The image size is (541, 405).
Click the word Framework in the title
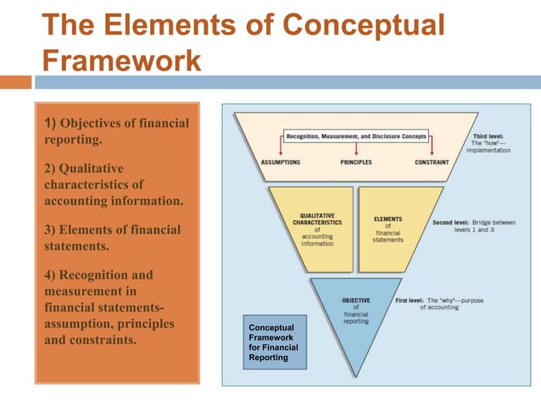coord(121,61)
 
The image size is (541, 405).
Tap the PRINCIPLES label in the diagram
coord(355,161)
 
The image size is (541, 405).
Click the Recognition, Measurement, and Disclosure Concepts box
coord(355,136)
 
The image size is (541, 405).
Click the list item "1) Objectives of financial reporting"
coord(115,132)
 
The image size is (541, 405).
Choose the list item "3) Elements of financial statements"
coord(112,238)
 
